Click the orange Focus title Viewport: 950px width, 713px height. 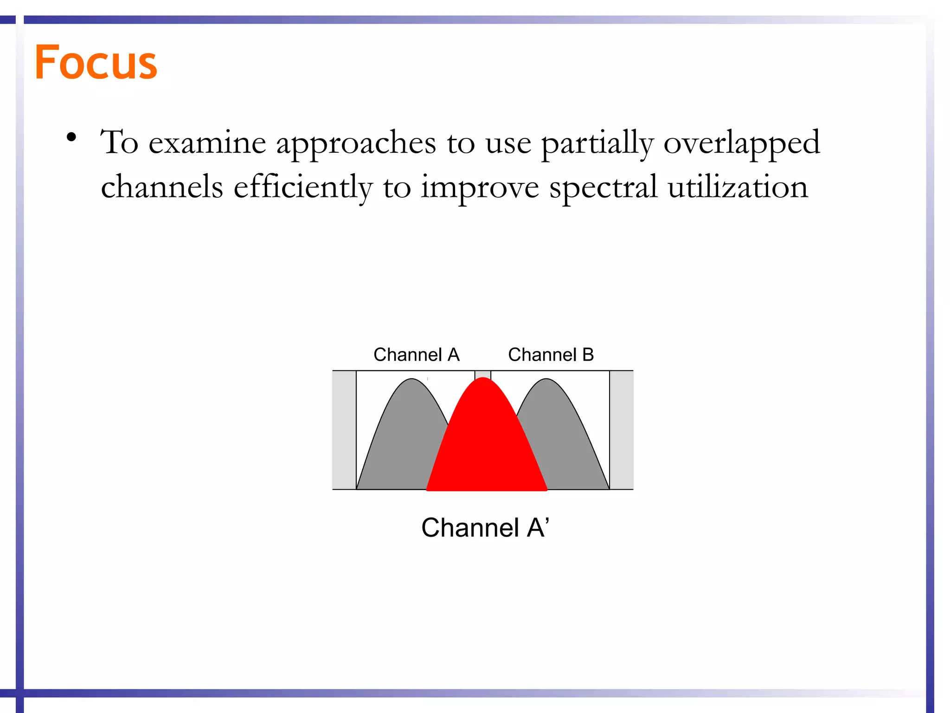click(96, 62)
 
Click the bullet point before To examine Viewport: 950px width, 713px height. click(71, 137)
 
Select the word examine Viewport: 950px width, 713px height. click(207, 143)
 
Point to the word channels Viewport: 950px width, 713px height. click(162, 187)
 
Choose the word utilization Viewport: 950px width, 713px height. click(738, 187)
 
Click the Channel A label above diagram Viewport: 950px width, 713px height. click(416, 355)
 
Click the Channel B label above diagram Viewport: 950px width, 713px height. click(551, 355)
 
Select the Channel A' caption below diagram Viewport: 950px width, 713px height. click(485, 528)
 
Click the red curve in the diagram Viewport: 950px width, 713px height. click(485, 446)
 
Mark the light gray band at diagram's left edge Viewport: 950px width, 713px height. click(344, 429)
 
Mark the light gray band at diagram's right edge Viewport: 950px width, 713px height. click(621, 429)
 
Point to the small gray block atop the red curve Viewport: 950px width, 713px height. click(482, 374)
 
